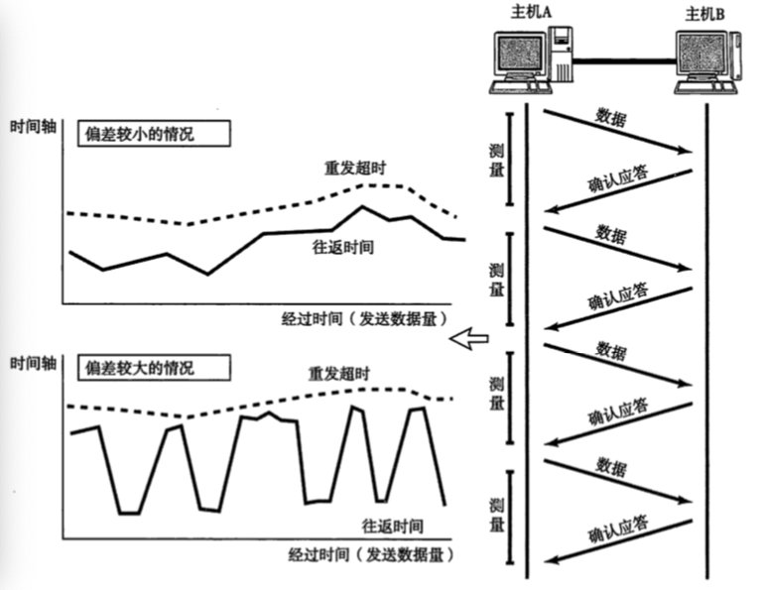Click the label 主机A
(x=531, y=11)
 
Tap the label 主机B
(x=705, y=14)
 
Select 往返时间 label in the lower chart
(x=393, y=526)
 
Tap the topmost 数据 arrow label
(x=610, y=116)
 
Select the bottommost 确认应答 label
(x=618, y=529)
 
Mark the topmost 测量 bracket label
(x=495, y=159)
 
